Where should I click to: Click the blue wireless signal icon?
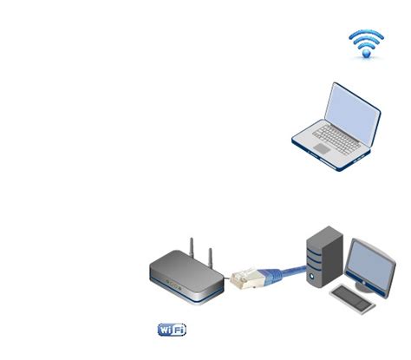[x=366, y=43]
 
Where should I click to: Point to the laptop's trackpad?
[x=323, y=149]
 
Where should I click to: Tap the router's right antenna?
[x=209, y=251]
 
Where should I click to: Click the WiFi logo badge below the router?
[x=172, y=330]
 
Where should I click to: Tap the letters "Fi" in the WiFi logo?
[x=179, y=330]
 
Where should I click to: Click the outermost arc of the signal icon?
[x=366, y=32]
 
